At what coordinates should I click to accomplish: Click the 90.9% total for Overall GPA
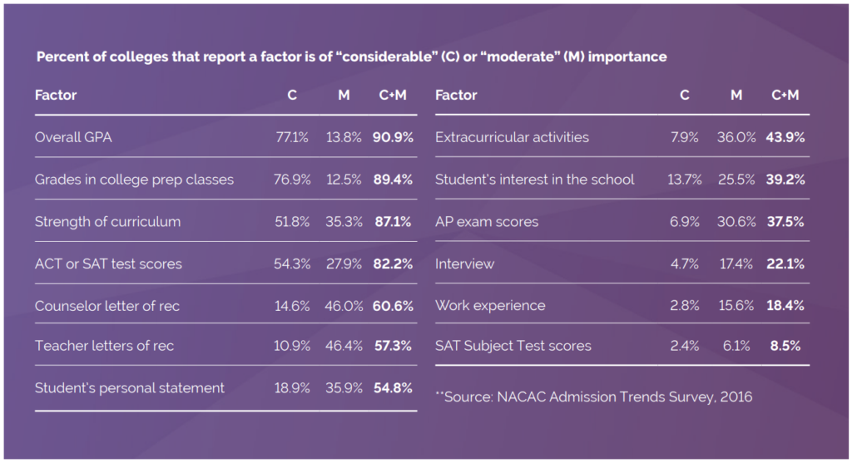tap(393, 137)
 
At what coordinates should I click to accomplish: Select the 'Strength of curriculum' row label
tap(107, 222)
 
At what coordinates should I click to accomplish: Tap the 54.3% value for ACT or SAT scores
tap(292, 264)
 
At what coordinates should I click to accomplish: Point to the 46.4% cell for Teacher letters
tap(344, 346)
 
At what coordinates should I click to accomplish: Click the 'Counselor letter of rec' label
tap(106, 306)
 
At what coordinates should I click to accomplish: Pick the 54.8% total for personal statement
tap(393, 387)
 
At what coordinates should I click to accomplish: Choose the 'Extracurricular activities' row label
tap(512, 137)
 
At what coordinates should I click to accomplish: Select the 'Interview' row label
tap(464, 264)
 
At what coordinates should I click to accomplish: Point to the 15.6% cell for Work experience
tap(736, 305)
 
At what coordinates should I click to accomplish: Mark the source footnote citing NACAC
tap(593, 397)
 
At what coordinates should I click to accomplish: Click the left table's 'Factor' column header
tap(56, 95)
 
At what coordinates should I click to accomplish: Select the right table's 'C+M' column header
tap(785, 95)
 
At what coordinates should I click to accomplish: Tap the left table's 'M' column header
tap(344, 95)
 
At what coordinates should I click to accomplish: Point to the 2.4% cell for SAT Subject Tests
tap(684, 346)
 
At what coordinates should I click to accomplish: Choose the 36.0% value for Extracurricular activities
tap(736, 137)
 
